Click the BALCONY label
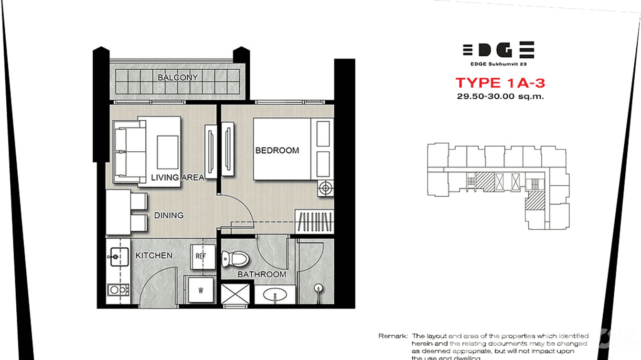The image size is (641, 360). pos(178,77)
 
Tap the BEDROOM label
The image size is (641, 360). pos(277,150)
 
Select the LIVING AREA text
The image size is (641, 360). pos(177,178)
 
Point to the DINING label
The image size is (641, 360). pos(169,215)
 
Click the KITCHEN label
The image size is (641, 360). pos(154,255)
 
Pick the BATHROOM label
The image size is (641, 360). pos(262,275)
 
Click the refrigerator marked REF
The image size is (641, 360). pos(201,256)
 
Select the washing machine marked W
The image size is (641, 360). pos(201,289)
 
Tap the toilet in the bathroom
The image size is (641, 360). pos(236,260)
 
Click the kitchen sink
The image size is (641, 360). pos(118,257)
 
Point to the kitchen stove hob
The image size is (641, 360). pos(118,289)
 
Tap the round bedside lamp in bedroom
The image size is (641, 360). pos(325,188)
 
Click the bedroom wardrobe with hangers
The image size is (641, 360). pos(314,222)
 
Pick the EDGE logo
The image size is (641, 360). pos(498,50)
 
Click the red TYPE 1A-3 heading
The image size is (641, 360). pos(500,83)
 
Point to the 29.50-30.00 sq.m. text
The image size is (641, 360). pos(500,96)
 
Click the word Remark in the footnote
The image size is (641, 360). pos(393,336)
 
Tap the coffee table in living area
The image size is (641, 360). pos(167,152)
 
